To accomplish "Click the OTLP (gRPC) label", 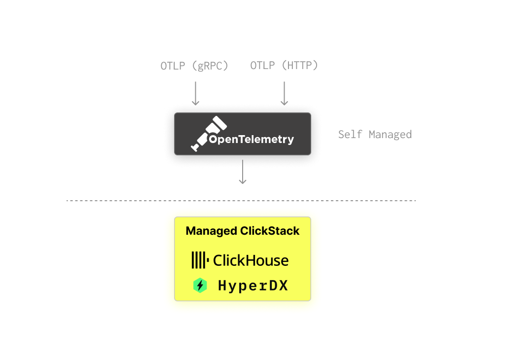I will (194, 66).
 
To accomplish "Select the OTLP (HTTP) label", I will (284, 66).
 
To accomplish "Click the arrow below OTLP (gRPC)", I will (195, 93).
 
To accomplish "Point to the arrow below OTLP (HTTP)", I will (284, 93).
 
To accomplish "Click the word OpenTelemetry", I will (251, 140).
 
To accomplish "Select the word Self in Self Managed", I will (350, 134).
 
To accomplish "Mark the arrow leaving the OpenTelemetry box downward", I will (242, 172).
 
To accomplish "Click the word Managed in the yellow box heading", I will (211, 231).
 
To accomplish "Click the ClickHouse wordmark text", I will (251, 260).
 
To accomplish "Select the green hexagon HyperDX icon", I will (200, 286).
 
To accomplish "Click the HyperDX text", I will (252, 286).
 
